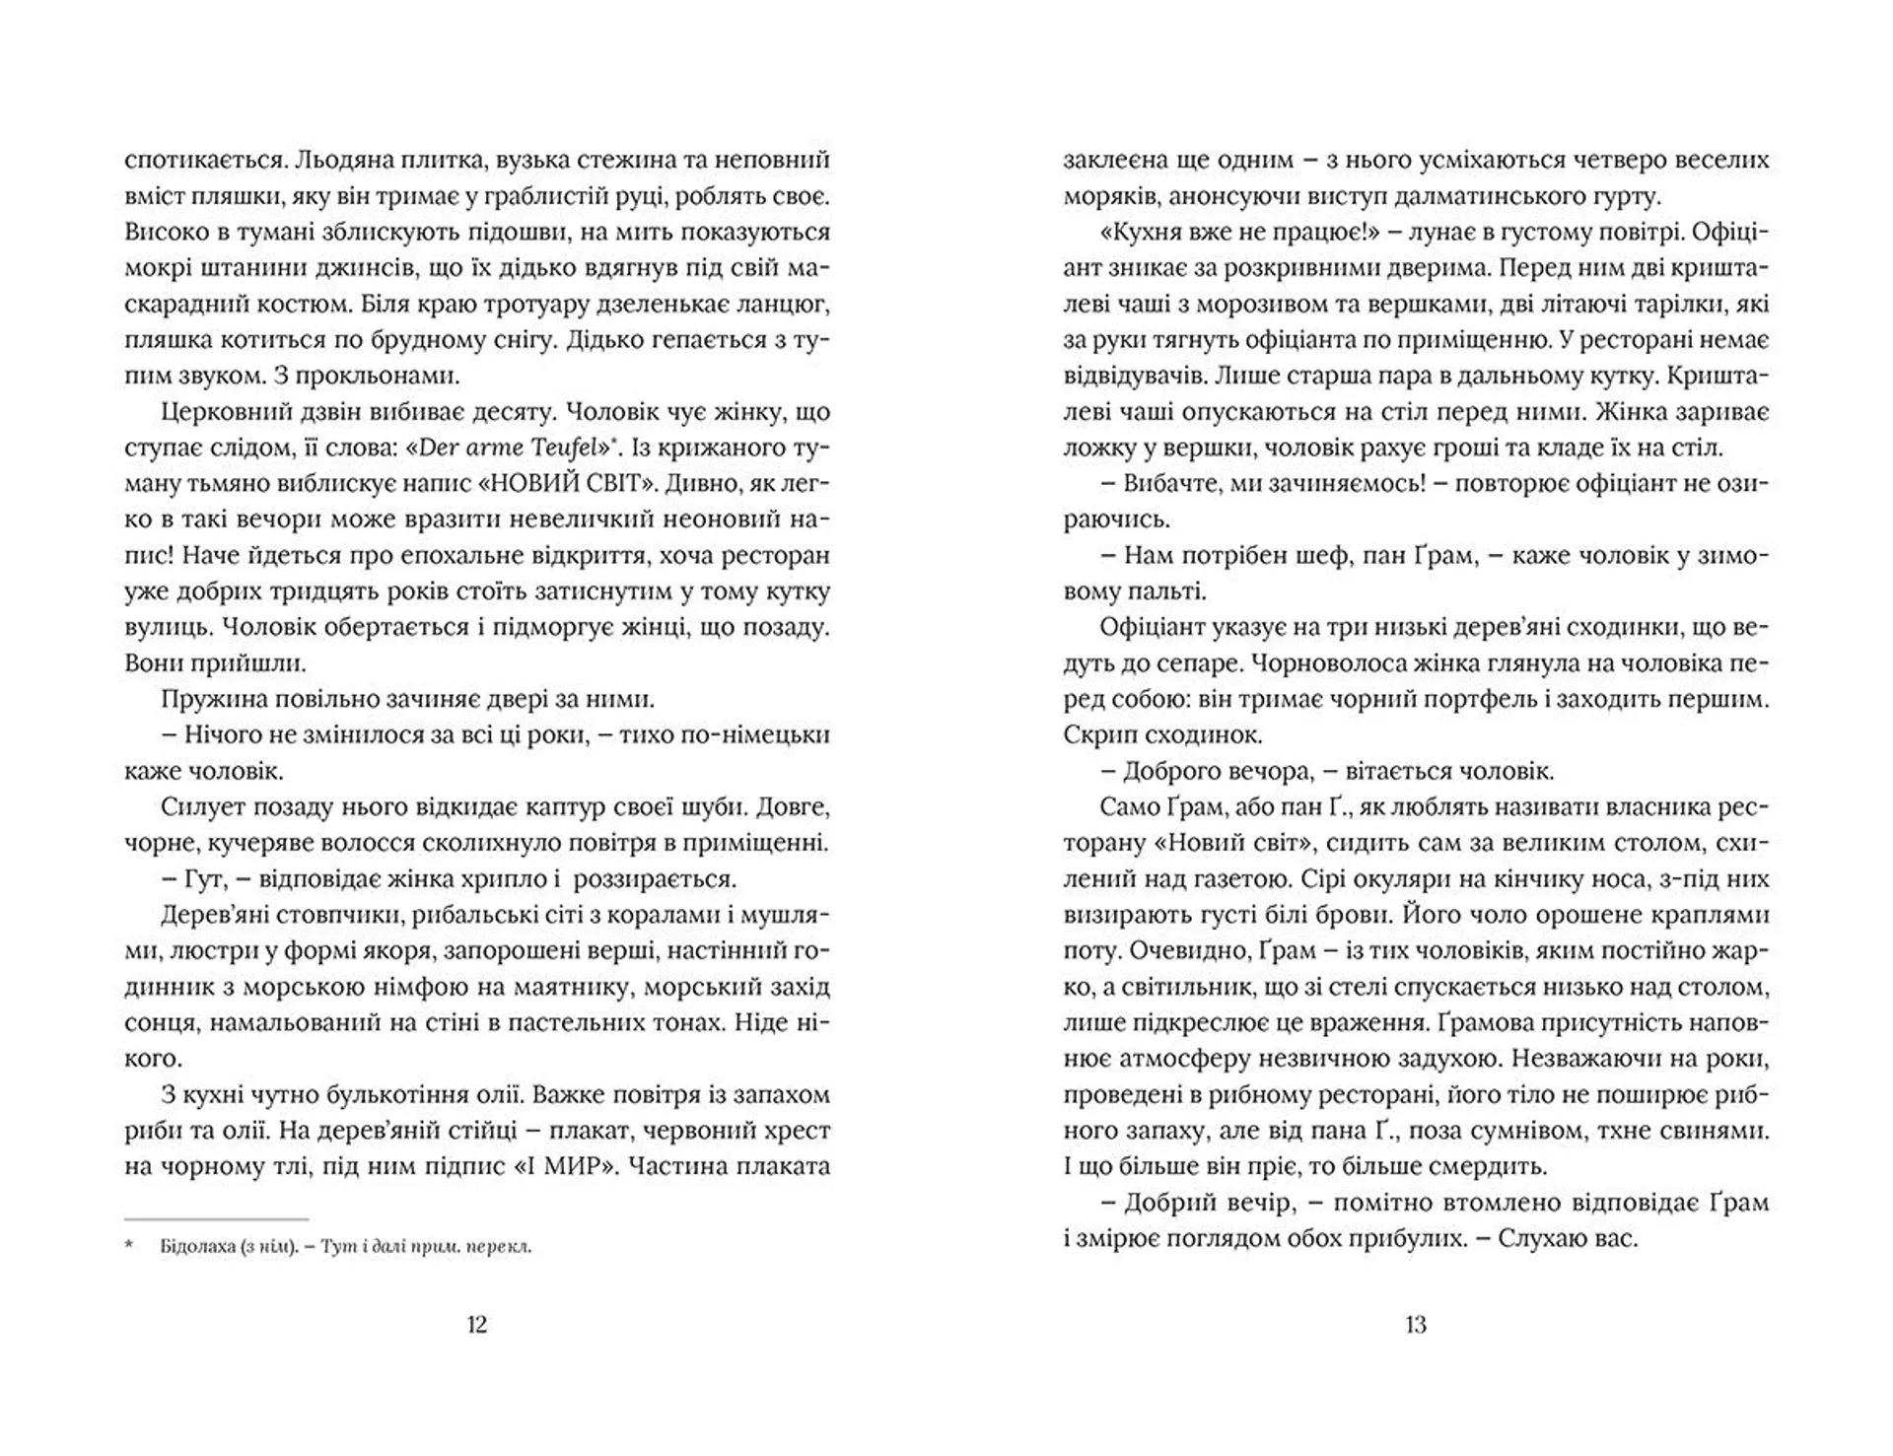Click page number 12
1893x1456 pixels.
coord(476,1325)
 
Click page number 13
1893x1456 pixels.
coord(1415,1325)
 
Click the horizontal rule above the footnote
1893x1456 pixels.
coord(217,1219)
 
